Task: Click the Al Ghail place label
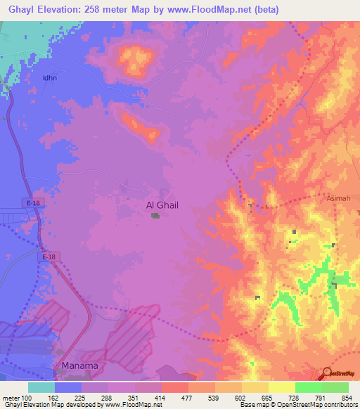162,205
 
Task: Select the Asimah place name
339,199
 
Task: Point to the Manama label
79,366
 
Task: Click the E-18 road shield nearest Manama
48,257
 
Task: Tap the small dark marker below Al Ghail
155,215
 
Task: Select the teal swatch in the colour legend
41,387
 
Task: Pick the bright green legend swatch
309,387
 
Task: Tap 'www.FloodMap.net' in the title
217,10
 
